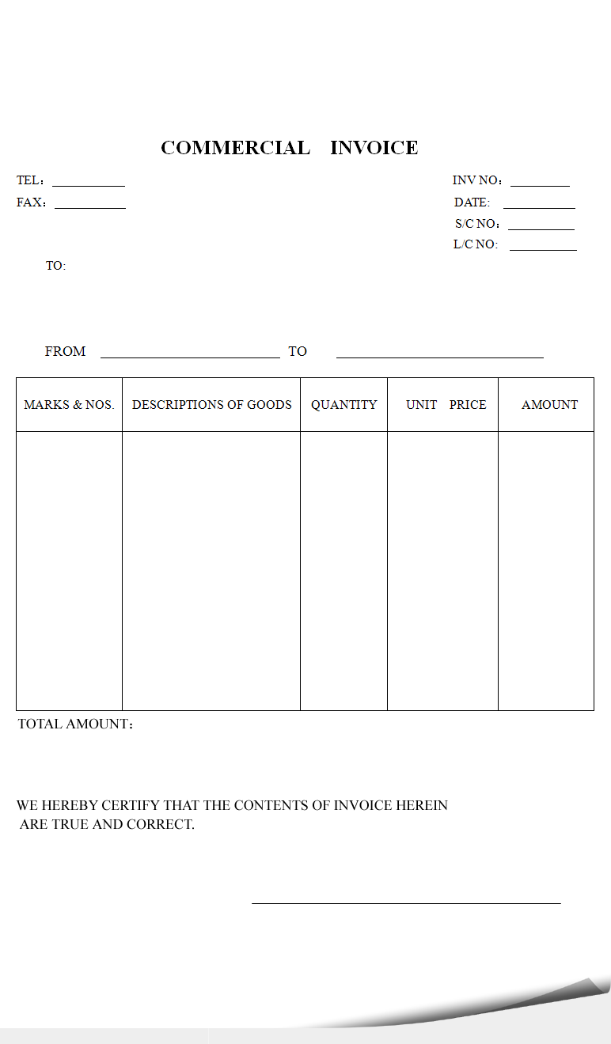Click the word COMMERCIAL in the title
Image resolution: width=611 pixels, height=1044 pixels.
click(x=235, y=148)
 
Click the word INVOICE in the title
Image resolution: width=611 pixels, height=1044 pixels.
click(x=374, y=148)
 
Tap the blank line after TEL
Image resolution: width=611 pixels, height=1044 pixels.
click(x=89, y=185)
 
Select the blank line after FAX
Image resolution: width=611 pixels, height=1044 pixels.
click(x=90, y=207)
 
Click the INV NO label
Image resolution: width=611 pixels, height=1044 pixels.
click(x=476, y=181)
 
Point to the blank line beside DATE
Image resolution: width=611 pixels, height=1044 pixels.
click(x=539, y=207)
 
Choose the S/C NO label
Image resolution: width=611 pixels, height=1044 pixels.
click(x=476, y=224)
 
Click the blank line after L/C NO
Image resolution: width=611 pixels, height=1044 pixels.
click(x=543, y=249)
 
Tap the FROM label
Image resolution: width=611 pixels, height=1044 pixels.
click(x=65, y=351)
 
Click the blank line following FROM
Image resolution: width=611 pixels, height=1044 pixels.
click(x=190, y=357)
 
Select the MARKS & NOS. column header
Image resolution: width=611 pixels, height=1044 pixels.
click(x=69, y=405)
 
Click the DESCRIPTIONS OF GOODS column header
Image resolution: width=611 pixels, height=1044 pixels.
click(x=211, y=405)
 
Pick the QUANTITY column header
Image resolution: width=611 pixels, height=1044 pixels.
click(x=343, y=405)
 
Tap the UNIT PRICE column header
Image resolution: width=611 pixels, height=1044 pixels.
click(x=446, y=405)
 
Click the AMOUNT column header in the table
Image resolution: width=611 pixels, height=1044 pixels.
click(x=549, y=405)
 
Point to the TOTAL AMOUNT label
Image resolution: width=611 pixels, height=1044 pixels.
click(x=74, y=724)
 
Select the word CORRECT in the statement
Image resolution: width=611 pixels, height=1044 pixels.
click(x=165, y=825)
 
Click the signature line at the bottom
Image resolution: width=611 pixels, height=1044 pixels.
click(x=406, y=902)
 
